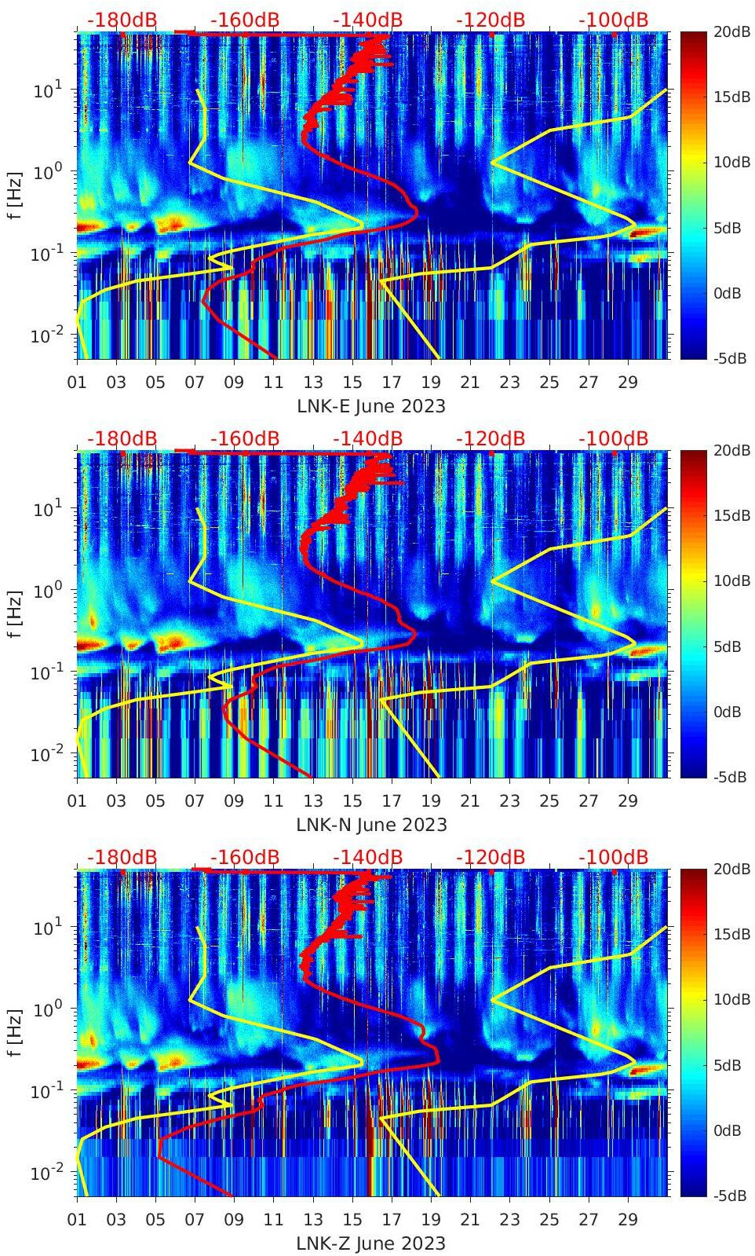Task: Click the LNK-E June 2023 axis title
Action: [x=370, y=406]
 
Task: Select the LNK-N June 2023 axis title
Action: [x=371, y=825]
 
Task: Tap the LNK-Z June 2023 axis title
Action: [x=370, y=1243]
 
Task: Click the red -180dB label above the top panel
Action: [x=122, y=20]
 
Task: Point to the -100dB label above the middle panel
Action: [x=613, y=438]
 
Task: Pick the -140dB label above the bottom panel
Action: [x=367, y=857]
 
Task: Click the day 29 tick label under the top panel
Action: [x=627, y=383]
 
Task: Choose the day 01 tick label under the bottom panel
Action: [x=77, y=1220]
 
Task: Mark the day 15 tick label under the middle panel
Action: [x=352, y=801]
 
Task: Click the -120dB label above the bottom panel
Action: [x=491, y=857]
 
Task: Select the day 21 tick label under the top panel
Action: [x=469, y=383]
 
